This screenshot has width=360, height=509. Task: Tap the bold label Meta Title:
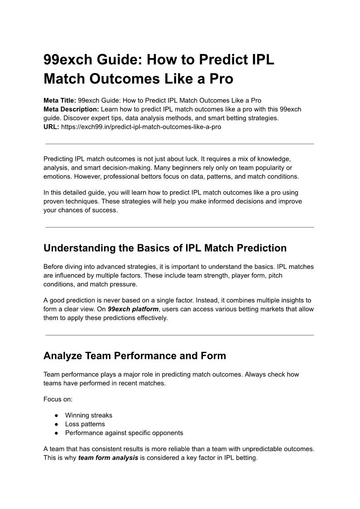[x=60, y=100]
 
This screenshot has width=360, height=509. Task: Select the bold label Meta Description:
[x=71, y=109]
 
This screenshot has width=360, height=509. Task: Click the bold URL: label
[x=51, y=127]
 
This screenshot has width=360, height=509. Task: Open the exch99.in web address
[x=141, y=127]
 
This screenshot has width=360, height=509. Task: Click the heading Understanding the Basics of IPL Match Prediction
[x=165, y=248]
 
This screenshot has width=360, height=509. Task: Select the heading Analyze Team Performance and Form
[x=134, y=356]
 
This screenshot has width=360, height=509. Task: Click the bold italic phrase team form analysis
[x=108, y=458]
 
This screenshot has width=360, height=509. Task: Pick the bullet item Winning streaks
[x=88, y=415]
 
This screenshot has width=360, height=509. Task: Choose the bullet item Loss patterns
[x=85, y=424]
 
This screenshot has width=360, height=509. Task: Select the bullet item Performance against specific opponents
[x=124, y=433]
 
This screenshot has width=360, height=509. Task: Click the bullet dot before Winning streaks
[x=56, y=415]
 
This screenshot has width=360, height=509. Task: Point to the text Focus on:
[x=58, y=399]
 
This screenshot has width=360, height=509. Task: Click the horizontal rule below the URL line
[x=180, y=144]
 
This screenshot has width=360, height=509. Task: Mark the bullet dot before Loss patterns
[x=56, y=424]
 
